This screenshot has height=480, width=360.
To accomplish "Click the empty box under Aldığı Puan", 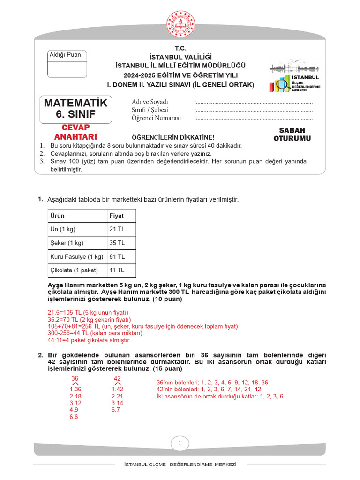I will pyautogui.click(x=67, y=69).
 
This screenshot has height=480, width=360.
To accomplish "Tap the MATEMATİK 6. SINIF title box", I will pyautogui.click(x=76, y=109).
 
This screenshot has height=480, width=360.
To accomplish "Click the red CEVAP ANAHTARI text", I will pyautogui.click(x=76, y=132).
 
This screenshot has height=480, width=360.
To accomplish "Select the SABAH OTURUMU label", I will pyautogui.click(x=292, y=134).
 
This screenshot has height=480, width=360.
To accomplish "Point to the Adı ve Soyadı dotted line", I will pyautogui.click(x=254, y=102).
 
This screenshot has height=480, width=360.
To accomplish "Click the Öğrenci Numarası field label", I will pyautogui.click(x=156, y=118).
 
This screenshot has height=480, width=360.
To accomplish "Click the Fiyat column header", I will pyautogui.click(x=117, y=216).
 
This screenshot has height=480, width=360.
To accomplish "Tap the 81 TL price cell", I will pyautogui.click(x=117, y=257).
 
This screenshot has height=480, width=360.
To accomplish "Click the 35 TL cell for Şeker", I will pyautogui.click(x=117, y=243).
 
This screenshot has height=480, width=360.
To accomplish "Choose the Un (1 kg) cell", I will pyautogui.click(x=63, y=229).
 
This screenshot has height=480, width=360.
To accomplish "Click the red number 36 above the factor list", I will pyautogui.click(x=75, y=378).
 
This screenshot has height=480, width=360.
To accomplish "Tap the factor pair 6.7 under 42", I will pyautogui.click(x=116, y=410).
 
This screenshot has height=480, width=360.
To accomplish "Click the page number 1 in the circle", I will pyautogui.click(x=180, y=443).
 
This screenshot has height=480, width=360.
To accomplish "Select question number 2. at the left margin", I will pyautogui.click(x=41, y=355).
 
